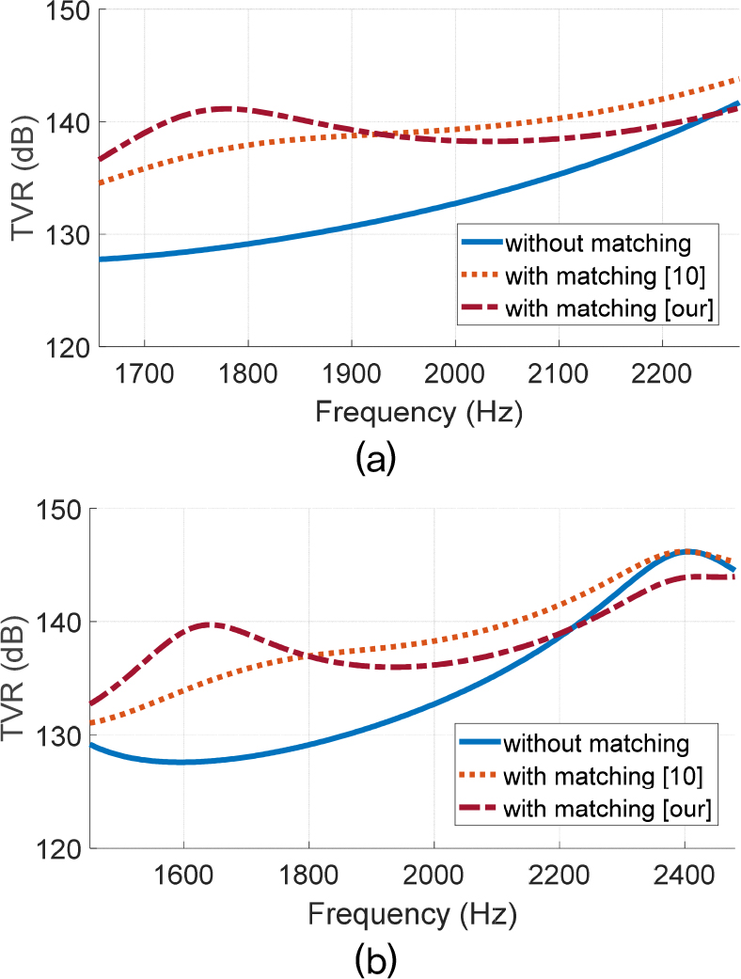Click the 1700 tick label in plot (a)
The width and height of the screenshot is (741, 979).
coord(144,372)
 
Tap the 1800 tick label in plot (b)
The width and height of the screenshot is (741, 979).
coord(308,874)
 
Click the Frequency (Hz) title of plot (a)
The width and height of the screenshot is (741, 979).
coord(418,412)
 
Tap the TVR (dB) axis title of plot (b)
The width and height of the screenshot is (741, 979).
coord(21,678)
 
